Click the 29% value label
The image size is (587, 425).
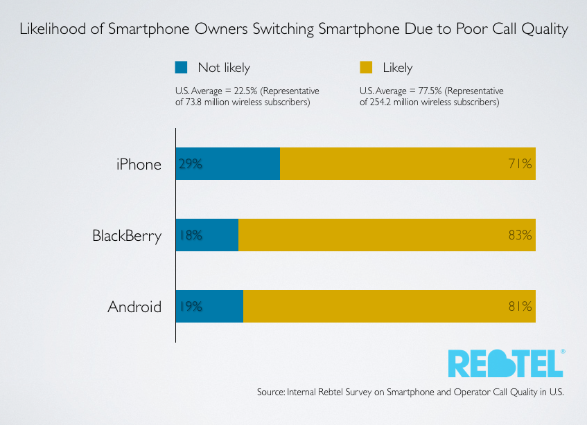point(191,164)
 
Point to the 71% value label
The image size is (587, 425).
point(520,164)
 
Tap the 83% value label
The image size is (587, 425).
point(520,235)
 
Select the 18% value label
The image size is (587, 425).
point(191,235)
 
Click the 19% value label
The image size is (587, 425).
point(191,306)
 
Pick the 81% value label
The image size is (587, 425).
point(520,306)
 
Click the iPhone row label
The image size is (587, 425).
point(139,164)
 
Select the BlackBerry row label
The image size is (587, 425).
point(127,235)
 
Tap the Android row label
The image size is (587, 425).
point(134,306)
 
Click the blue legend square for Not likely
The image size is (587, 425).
point(182,67)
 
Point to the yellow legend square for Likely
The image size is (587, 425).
point(367,67)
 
